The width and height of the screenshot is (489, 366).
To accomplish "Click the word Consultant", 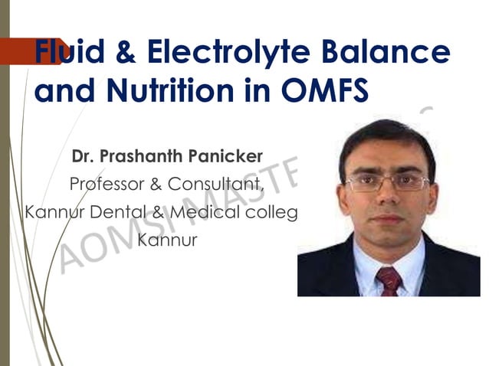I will click(x=217, y=185).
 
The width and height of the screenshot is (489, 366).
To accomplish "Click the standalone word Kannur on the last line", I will click(x=167, y=240).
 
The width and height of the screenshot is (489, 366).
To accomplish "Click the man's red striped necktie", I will click(x=389, y=279).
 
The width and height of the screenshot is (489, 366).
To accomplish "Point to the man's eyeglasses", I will click(x=387, y=182).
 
